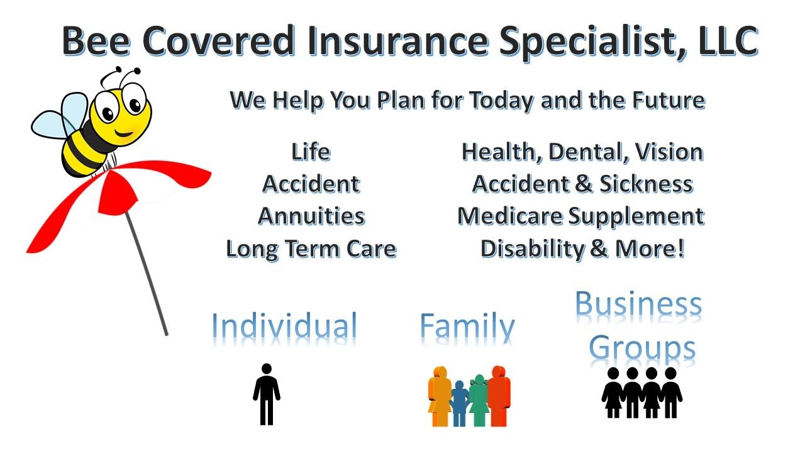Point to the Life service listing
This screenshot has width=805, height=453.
311,152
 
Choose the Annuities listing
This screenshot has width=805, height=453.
311,216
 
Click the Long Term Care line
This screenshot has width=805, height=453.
311,249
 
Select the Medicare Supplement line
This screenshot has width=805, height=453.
580,216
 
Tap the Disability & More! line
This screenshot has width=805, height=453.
582,249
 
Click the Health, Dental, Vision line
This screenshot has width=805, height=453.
582,152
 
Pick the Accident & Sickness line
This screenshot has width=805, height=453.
582,184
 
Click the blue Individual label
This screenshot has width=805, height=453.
284,326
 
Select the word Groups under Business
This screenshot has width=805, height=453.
641,348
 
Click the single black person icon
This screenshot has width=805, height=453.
267,394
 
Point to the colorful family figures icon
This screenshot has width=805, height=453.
469,396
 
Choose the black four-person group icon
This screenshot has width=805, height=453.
641,393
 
